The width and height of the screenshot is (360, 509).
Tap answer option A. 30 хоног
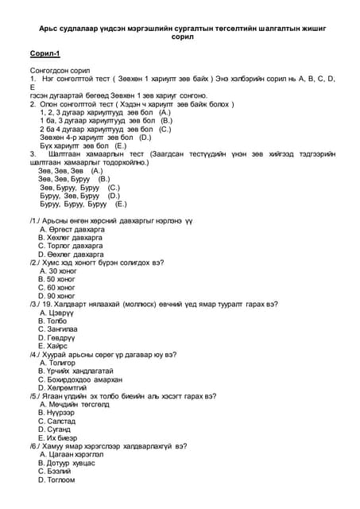point(58,270)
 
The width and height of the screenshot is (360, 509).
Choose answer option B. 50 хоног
point(57,279)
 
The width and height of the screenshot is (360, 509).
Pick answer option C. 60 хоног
point(57,287)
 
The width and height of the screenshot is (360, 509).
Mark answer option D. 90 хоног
point(57,296)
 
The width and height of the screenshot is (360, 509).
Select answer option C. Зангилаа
point(58,329)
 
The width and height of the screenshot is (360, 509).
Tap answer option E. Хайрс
point(53,346)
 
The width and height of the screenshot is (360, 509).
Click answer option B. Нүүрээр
point(56,413)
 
